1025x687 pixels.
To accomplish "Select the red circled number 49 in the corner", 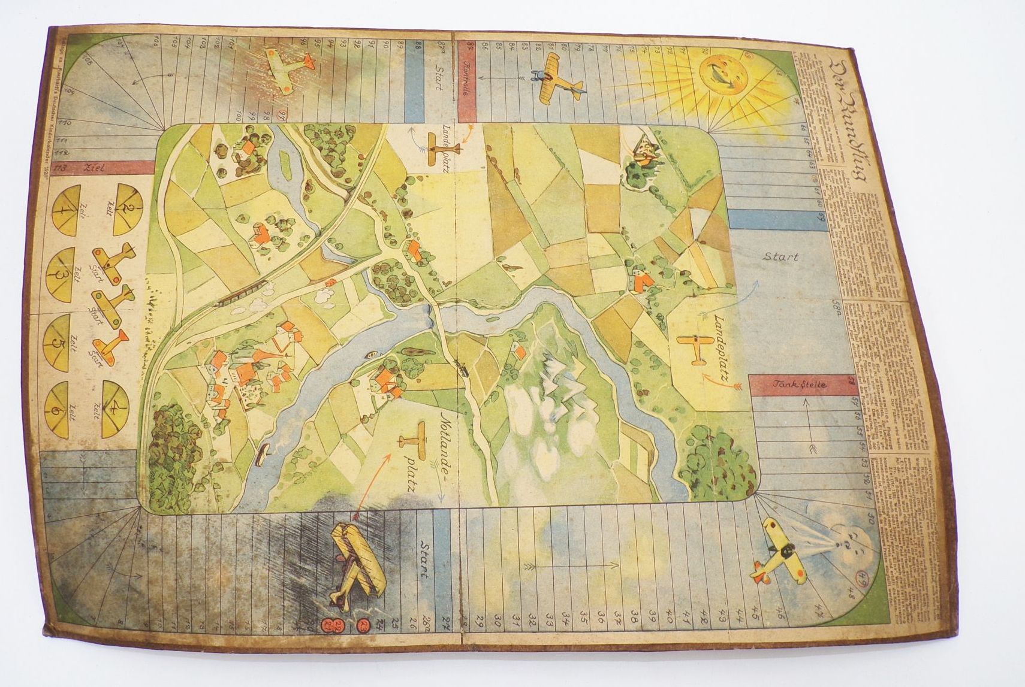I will click(x=859, y=577).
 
